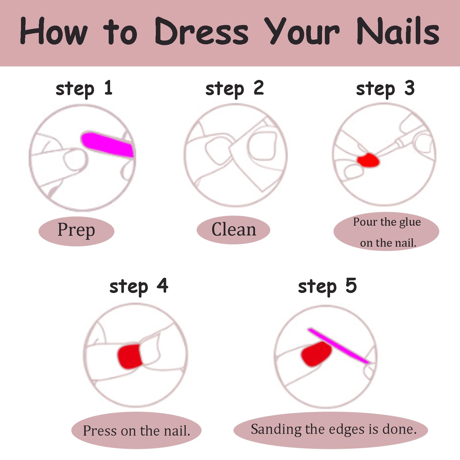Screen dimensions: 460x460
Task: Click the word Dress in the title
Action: [202, 31]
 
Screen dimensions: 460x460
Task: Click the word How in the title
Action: [53, 31]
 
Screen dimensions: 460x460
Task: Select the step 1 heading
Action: [84, 89]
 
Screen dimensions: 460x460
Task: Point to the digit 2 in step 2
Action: [258, 88]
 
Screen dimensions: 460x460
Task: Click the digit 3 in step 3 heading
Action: [409, 88]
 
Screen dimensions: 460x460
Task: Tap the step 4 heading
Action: [139, 286]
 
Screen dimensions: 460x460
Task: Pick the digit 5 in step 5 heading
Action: [351, 285]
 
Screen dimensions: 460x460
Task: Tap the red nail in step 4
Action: [130, 356]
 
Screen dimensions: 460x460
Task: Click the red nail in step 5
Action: [316, 354]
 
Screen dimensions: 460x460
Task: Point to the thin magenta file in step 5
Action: [338, 346]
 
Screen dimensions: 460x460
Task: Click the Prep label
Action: [76, 230]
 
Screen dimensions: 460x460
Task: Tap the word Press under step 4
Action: [100, 431]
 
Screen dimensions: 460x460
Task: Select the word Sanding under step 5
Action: [276, 430]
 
